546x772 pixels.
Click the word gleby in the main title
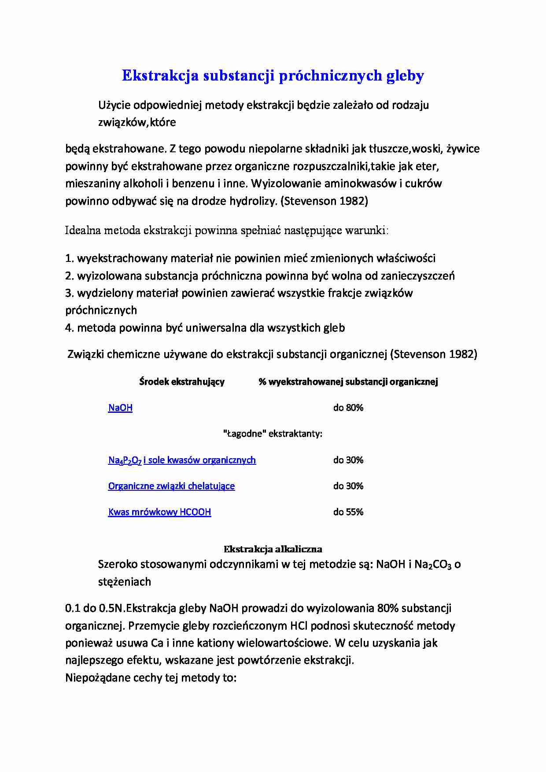(405, 76)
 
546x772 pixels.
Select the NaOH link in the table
(120, 408)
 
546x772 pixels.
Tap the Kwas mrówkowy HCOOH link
(159, 512)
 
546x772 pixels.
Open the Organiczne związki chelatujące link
(171, 486)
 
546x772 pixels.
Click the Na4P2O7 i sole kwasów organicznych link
(182, 460)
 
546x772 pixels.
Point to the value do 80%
(348, 408)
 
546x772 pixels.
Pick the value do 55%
(348, 512)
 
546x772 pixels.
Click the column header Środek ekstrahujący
(182, 382)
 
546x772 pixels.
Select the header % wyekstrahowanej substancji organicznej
(348, 382)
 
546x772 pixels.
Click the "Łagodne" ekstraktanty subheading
(273, 434)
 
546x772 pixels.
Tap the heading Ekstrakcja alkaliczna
(273, 549)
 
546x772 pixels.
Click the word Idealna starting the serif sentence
(83, 230)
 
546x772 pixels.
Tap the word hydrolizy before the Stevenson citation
(253, 202)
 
